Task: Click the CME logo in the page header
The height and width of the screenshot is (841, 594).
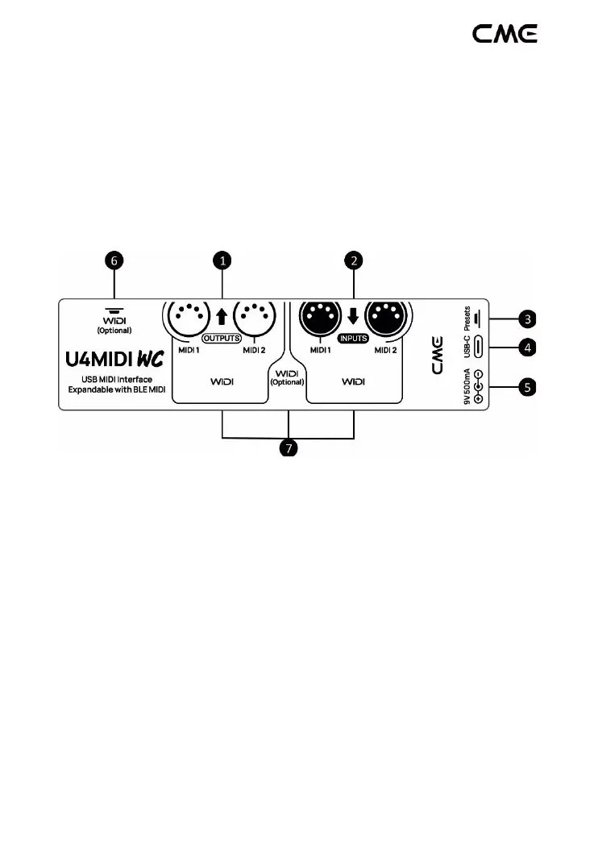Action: click(505, 34)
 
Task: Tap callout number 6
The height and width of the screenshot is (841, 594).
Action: click(114, 260)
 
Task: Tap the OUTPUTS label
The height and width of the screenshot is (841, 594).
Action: click(221, 338)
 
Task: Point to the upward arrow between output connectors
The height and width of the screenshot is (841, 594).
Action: click(222, 315)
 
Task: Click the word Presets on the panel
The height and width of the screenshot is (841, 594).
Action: click(467, 317)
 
